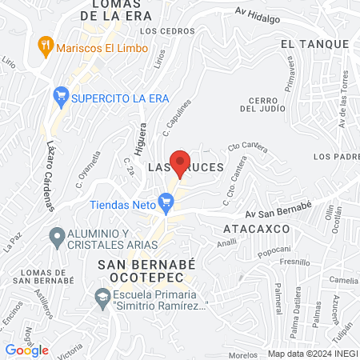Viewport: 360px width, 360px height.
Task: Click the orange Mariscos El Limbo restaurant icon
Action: point(46,47)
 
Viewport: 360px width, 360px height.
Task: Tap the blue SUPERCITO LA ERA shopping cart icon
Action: point(60,98)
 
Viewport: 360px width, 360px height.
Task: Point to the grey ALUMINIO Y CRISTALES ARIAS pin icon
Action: point(57,237)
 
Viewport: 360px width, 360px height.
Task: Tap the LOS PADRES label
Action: point(333,156)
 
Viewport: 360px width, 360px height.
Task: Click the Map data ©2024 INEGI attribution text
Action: point(312,354)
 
